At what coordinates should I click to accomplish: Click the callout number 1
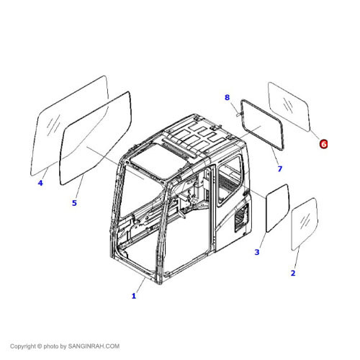[133, 296]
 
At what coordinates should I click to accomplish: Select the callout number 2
[293, 273]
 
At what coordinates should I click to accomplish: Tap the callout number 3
[257, 252]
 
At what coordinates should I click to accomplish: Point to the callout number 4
[40, 183]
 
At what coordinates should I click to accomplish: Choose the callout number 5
[74, 203]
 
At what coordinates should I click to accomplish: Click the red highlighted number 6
[323, 144]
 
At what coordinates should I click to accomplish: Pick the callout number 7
[280, 169]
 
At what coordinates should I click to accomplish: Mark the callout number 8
[227, 97]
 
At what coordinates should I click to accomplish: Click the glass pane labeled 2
[303, 223]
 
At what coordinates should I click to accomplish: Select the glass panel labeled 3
[276, 207]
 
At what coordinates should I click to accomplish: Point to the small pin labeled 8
[235, 111]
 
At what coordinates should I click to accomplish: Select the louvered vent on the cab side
[240, 216]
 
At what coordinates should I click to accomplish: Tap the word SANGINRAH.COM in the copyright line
[94, 346]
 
